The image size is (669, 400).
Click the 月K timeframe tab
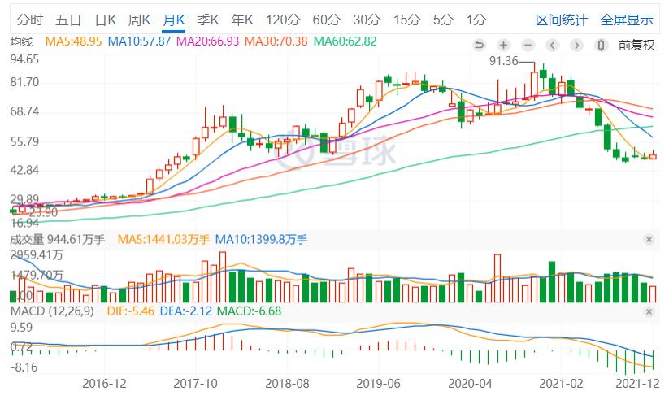click(174, 20)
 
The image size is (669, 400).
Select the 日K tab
click(106, 20)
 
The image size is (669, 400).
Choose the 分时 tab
click(29, 20)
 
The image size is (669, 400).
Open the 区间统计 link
click(560, 20)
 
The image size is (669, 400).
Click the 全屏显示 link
click(627, 20)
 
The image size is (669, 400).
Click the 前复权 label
click(636, 45)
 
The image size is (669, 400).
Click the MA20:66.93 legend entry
click(207, 41)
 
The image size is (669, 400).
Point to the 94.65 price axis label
click(25, 59)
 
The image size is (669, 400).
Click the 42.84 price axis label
click(25, 170)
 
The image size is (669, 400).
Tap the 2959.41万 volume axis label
click(37, 254)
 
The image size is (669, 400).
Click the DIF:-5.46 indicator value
click(130, 311)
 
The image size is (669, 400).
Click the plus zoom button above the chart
click(503, 45)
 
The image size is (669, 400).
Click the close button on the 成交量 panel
click(649, 239)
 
